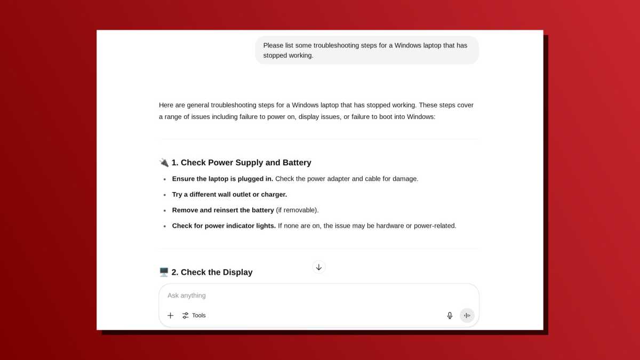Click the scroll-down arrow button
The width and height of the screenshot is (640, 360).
(319, 267)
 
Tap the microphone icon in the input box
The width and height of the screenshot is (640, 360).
(450, 316)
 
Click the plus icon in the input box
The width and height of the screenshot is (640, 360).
(171, 316)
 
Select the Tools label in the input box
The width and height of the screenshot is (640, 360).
(199, 316)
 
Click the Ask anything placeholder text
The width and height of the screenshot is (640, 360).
(187, 295)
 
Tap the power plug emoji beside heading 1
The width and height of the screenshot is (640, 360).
(164, 163)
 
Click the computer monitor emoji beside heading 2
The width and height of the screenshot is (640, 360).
(164, 272)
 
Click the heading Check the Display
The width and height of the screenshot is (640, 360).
(217, 272)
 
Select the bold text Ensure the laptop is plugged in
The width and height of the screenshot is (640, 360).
(222, 179)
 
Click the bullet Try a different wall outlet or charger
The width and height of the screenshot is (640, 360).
(229, 194)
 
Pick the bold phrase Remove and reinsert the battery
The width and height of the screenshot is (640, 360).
(223, 210)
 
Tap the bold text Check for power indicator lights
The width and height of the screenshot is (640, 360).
(224, 226)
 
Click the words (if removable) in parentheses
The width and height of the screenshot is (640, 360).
(297, 210)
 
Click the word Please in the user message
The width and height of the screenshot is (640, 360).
(274, 45)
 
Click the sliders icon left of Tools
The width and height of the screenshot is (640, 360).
(186, 316)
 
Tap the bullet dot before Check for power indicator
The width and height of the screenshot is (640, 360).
(165, 226)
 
